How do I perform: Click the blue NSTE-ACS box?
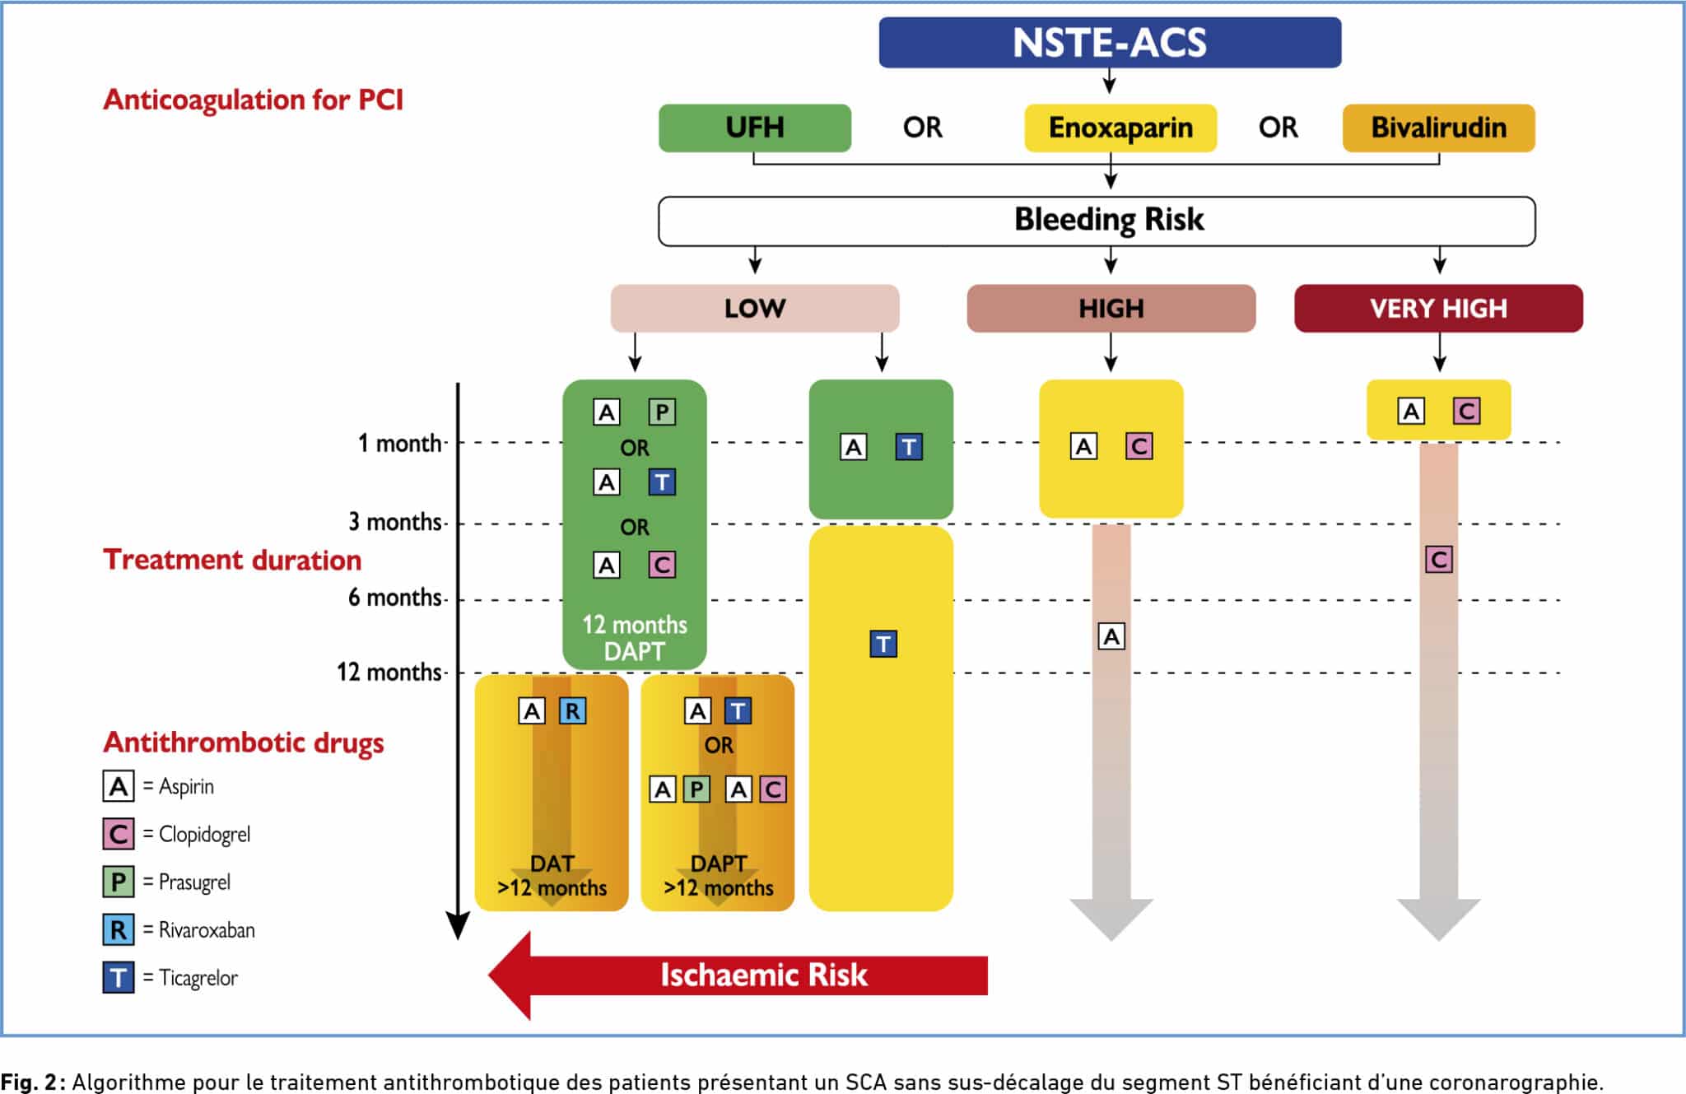pyautogui.click(x=1110, y=42)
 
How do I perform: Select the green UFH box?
pyautogui.click(x=755, y=128)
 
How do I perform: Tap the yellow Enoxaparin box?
pyautogui.click(x=1120, y=128)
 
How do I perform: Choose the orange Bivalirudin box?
pyautogui.click(x=1439, y=128)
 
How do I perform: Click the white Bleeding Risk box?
pyautogui.click(x=1097, y=221)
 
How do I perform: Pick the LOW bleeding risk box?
pyautogui.click(x=755, y=308)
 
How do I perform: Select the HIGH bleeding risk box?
pyautogui.click(x=1111, y=308)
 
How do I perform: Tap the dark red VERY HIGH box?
pyautogui.click(x=1439, y=308)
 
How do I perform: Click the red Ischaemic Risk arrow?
pyautogui.click(x=738, y=975)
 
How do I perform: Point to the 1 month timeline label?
pyautogui.click(x=399, y=443)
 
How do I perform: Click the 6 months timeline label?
pyautogui.click(x=395, y=597)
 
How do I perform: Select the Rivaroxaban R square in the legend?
pyautogui.click(x=119, y=929)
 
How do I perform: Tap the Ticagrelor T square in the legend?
pyautogui.click(x=119, y=977)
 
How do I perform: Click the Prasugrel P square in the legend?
pyautogui.click(x=119, y=882)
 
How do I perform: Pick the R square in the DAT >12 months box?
pyautogui.click(x=572, y=710)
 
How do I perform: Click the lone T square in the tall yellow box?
pyautogui.click(x=883, y=644)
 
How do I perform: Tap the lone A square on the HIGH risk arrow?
pyautogui.click(x=1111, y=636)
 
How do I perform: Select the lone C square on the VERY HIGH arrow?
pyautogui.click(x=1439, y=560)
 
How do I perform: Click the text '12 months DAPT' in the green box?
pyautogui.click(x=635, y=638)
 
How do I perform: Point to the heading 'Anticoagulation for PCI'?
pyautogui.click(x=253, y=100)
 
